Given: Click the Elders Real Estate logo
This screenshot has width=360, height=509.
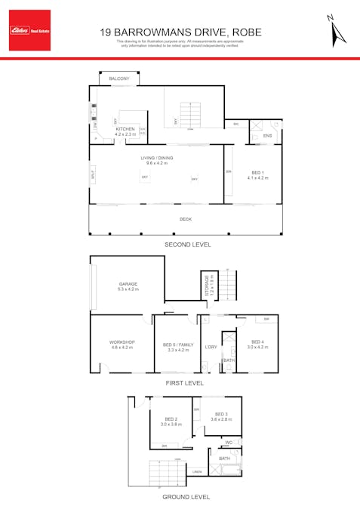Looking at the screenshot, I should (x=29, y=30).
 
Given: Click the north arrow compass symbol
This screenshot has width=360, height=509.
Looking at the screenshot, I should (x=336, y=31).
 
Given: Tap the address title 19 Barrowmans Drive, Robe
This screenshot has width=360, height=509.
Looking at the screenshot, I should (x=180, y=32).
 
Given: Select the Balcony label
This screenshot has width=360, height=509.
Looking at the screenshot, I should (x=119, y=79).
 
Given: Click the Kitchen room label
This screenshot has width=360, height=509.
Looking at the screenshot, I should (x=125, y=129).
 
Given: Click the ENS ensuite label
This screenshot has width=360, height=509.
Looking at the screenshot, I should (x=267, y=136).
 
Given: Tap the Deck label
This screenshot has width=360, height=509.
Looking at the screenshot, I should (x=185, y=219).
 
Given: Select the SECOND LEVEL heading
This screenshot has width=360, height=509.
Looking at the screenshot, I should (x=188, y=245).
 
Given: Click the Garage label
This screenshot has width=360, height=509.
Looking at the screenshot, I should (x=128, y=284).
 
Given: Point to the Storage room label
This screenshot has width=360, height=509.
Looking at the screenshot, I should (x=208, y=285).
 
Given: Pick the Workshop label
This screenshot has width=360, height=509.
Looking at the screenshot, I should (x=122, y=342).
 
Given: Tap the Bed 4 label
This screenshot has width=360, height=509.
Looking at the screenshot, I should (x=258, y=342).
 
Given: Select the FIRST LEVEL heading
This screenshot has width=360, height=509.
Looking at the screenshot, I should (x=185, y=383).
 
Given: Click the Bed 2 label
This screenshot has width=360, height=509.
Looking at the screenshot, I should (x=171, y=419).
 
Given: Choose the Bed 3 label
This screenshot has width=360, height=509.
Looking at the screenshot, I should (x=221, y=414).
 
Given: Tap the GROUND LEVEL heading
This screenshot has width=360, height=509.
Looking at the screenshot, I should (x=186, y=497).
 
